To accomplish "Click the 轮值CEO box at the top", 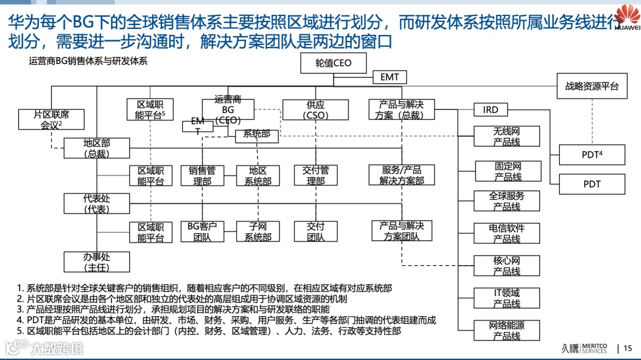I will pos(334,63).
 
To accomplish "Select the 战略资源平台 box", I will pos(592,86).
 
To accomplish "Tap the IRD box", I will pos(491,110).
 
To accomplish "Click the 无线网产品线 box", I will pos(507,136).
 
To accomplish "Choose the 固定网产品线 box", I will pos(507,171).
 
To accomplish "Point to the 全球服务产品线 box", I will pos(507,201).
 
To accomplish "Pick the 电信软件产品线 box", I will pos(507,233).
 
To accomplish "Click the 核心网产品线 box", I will pos(507,266).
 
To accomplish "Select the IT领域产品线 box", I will pos(507,298).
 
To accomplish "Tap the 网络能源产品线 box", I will pos(507,330).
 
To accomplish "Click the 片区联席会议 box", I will pos(52,119).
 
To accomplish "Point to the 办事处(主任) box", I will pos(97,262).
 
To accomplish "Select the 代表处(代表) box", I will pos(97,203).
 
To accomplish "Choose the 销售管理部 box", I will pos(202,175).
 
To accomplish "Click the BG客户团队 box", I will pos(202,231).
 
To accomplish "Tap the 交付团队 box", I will pos(316,231).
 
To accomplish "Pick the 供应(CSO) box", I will pos(316,110).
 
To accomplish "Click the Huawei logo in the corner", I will pos(627,17).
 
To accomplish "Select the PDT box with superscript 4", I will pos(592,155).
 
